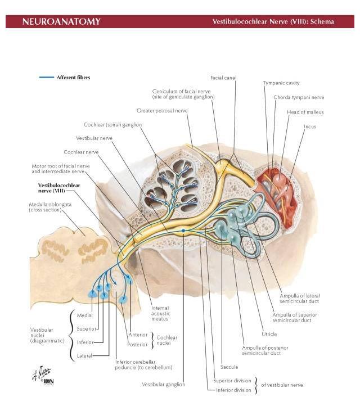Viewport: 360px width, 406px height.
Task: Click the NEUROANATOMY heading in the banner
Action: click(61, 22)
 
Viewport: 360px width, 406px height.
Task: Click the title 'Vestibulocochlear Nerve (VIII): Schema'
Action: click(273, 22)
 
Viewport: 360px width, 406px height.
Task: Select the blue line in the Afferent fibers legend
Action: click(46, 77)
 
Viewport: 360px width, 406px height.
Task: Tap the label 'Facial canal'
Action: click(223, 78)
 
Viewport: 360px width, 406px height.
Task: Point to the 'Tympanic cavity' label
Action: click(281, 83)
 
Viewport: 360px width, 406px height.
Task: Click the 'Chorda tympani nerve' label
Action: click(299, 97)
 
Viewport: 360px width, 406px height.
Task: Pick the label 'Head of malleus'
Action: click(305, 112)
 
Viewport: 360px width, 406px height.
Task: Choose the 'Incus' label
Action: click(310, 127)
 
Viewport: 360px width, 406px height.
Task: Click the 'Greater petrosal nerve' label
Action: click(162, 111)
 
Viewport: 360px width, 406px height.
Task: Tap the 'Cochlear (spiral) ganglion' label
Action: click(113, 124)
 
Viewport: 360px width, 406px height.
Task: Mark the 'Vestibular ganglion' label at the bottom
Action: click(163, 385)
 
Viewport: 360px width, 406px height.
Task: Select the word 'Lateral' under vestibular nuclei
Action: click(84, 355)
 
